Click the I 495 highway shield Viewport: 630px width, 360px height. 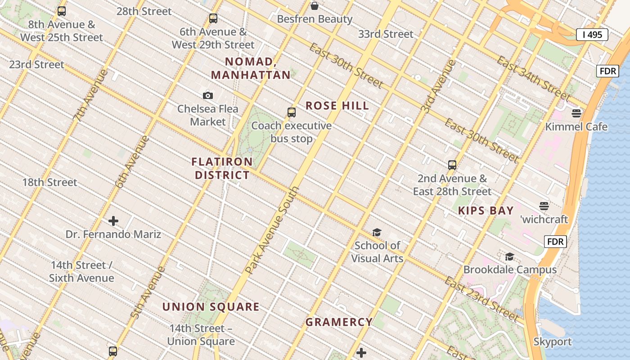coord(592,35)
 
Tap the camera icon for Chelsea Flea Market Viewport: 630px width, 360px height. coord(207,95)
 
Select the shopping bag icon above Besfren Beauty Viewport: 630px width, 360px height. coord(315,6)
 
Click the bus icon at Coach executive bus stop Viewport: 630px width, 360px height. coord(292,112)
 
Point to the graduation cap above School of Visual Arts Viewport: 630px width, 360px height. coord(377,232)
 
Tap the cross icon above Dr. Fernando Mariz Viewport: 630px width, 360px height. coord(113,221)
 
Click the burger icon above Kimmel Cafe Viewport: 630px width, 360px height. coord(576,113)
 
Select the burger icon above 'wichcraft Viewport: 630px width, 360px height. coord(544,206)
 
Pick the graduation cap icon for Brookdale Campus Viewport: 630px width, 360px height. coord(509,256)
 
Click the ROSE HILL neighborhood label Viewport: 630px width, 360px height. coord(337,106)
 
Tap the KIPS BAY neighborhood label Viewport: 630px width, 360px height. coord(486,211)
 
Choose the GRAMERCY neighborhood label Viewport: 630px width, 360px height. coord(339,322)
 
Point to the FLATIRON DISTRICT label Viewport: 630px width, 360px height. coord(222,168)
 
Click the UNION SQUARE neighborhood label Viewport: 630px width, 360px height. coord(211,307)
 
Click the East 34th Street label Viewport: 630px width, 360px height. coord(533,79)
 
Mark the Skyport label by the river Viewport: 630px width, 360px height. coord(552,342)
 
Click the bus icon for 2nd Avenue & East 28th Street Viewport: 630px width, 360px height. coord(452,165)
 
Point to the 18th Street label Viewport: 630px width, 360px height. coord(49,183)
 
